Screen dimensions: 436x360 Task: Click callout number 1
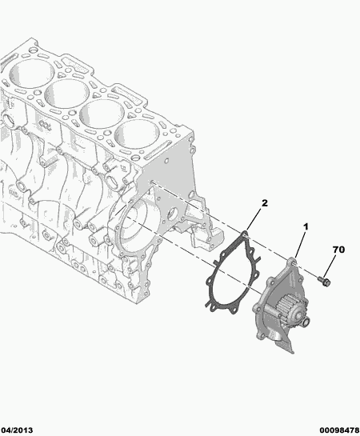(x=304, y=229)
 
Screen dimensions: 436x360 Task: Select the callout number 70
(x=337, y=250)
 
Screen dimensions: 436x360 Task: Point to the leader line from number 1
(x=299, y=243)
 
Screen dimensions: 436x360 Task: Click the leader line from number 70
(x=331, y=265)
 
